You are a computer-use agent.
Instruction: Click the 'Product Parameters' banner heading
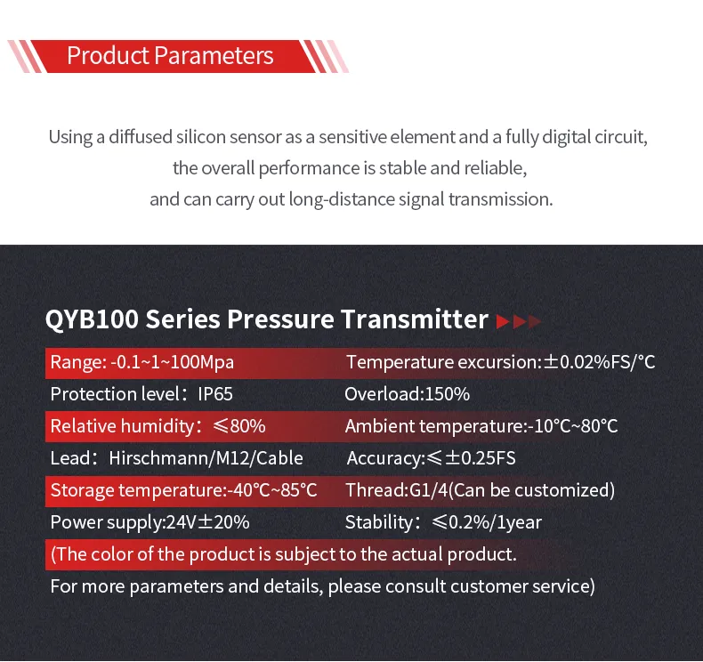click(170, 56)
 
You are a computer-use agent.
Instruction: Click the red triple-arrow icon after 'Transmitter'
click(518, 321)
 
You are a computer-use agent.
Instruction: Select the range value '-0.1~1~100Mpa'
click(172, 362)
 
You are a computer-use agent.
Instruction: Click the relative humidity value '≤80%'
click(239, 426)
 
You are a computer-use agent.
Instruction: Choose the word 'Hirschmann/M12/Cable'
click(206, 458)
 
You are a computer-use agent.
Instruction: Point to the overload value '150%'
click(448, 394)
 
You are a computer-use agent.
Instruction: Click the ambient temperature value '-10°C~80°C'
click(570, 426)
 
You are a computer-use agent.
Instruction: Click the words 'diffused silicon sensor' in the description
click(188, 138)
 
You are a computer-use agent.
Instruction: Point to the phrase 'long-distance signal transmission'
click(420, 198)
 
